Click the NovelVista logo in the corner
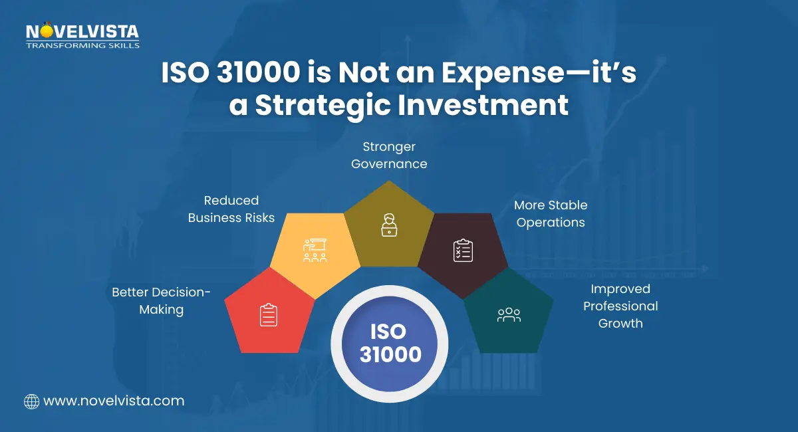[82, 32]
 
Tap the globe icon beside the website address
[31, 401]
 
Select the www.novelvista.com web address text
[113, 401]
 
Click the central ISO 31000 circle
[390, 343]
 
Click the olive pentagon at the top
[389, 225]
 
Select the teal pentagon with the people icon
[509, 314]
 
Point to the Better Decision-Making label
[161, 301]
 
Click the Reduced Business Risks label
[231, 209]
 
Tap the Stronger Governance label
[389, 155]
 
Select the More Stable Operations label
[551, 214]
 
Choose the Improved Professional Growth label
[620, 306]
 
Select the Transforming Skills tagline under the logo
[82, 45]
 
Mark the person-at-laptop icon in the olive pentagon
[389, 225]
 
